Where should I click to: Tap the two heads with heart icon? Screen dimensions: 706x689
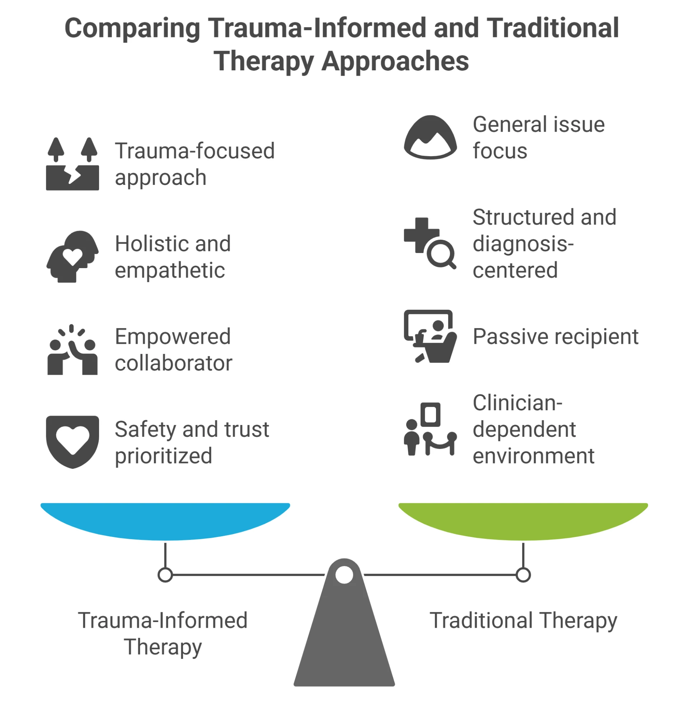(72, 256)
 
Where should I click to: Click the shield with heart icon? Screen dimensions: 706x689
(72, 441)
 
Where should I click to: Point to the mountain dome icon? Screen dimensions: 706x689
(430, 137)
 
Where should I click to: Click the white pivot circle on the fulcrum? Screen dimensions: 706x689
(344, 575)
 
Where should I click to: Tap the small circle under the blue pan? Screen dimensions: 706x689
(165, 575)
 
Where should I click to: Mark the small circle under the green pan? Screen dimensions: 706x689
(523, 575)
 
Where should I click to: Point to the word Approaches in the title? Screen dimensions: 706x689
(395, 61)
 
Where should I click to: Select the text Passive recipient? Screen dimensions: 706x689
(556, 337)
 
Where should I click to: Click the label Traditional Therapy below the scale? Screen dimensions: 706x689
(523, 621)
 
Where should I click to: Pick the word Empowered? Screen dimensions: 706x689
(173, 337)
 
